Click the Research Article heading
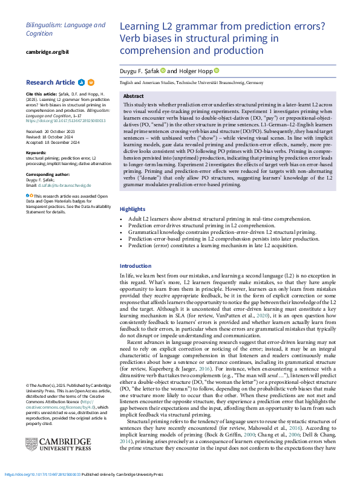point(50,82)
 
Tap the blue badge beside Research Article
point(81,82)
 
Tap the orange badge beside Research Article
point(91,82)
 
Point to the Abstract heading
point(133,97)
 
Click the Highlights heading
point(133,225)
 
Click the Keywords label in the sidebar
point(38,152)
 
